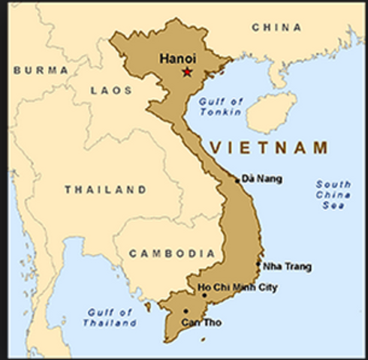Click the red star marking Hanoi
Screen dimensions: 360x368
[187, 72]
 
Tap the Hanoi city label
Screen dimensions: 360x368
[177, 57]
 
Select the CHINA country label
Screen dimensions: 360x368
[276, 28]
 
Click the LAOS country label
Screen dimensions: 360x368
[111, 90]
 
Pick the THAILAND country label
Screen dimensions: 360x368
[105, 190]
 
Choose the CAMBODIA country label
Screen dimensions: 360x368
[172, 253]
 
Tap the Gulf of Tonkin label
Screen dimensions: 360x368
[221, 107]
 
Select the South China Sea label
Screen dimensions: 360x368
[333, 194]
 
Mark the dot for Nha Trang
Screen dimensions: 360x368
[258, 263]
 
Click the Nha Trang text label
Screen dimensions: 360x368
[286, 266]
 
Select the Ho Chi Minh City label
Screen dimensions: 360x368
[237, 287]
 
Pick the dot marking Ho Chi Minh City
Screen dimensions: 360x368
[204, 295]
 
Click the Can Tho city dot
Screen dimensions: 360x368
[186, 310]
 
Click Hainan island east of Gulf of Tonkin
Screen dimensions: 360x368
[271, 112]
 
